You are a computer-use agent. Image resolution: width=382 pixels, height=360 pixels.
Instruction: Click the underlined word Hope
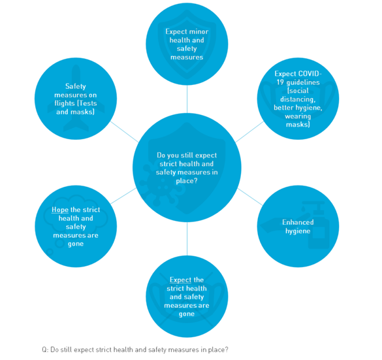60,210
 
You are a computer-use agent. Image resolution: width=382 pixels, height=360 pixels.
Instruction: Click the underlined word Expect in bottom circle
180,280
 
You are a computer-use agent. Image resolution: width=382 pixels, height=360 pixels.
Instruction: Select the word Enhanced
298,222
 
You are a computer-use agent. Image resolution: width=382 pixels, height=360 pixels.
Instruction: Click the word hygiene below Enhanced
298,231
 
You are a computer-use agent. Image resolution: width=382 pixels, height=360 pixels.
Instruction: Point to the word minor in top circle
199,31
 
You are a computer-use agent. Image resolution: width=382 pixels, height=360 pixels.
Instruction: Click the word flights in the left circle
64,103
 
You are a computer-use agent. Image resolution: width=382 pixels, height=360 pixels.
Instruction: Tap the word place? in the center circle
187,181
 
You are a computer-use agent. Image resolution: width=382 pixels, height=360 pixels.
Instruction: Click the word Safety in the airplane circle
76,86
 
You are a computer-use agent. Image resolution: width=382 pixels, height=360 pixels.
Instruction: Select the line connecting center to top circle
187,99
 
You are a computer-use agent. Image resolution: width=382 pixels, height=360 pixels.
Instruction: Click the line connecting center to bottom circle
187,239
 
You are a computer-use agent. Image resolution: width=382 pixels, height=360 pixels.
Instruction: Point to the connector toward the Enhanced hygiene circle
250,197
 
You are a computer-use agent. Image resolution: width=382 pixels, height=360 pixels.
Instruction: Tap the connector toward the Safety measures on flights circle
125,131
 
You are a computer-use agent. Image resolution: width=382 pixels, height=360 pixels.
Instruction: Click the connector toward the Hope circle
123,196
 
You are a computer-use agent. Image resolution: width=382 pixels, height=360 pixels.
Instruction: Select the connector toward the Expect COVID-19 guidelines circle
249,131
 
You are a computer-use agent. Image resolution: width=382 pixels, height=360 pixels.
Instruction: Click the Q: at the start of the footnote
45,350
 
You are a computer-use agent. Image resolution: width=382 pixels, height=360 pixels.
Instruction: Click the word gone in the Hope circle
76,244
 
